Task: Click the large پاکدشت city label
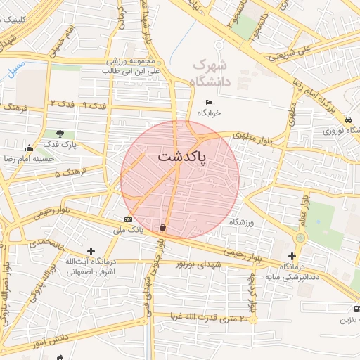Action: tap(181, 157)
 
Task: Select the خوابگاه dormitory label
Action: tap(209, 112)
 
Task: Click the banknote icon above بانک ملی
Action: tap(128, 219)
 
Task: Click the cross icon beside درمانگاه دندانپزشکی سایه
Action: tap(292, 256)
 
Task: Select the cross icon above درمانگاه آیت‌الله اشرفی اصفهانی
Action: tap(91, 250)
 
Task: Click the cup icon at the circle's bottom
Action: tap(164, 228)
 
